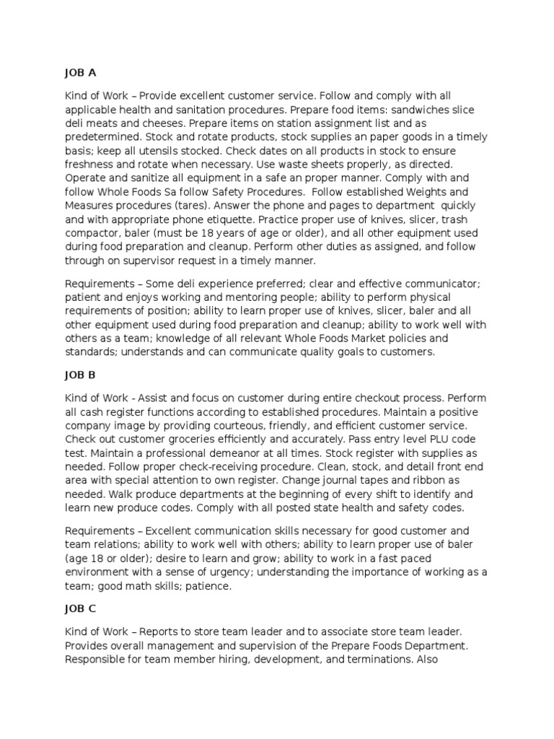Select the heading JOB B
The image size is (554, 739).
point(79,375)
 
